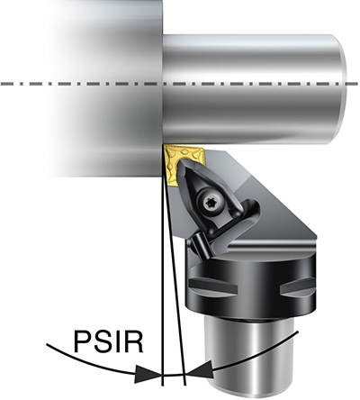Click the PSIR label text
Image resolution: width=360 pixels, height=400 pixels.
pyautogui.click(x=108, y=341)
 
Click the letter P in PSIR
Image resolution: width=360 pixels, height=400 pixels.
pyautogui.click(x=82, y=341)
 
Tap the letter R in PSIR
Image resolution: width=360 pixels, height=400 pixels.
pyautogui.click(x=133, y=341)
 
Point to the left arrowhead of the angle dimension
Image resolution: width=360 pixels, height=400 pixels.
pyautogui.click(x=148, y=375)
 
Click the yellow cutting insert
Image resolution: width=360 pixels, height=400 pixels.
pyautogui.click(x=180, y=165)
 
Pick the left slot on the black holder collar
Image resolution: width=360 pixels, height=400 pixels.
pyautogui.click(x=212, y=287)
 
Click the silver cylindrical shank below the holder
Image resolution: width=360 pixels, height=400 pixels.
pyautogui.click(x=249, y=358)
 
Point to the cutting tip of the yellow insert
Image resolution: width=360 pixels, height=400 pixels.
pyautogui.click(x=165, y=146)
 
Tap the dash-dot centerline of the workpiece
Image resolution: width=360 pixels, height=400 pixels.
pyautogui.click(x=179, y=84)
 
